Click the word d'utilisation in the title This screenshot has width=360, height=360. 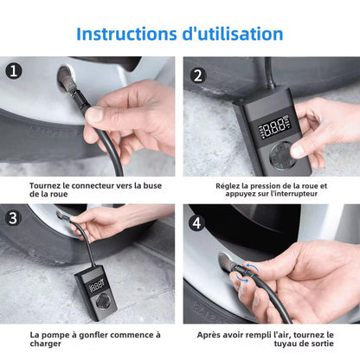coord(232,34)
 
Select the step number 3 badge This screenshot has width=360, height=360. coord(12,219)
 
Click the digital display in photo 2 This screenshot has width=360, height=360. coord(274,128)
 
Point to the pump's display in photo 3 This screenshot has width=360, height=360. coord(100,284)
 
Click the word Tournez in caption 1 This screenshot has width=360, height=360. coord(50,185)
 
